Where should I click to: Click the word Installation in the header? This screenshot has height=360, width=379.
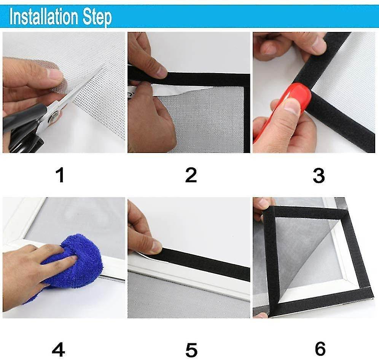point(44,16)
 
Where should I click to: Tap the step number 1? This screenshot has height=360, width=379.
point(60,175)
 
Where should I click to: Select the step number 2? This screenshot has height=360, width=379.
point(191,175)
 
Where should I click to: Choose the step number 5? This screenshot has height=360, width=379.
point(191,350)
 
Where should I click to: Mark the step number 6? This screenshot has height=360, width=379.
point(320,349)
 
